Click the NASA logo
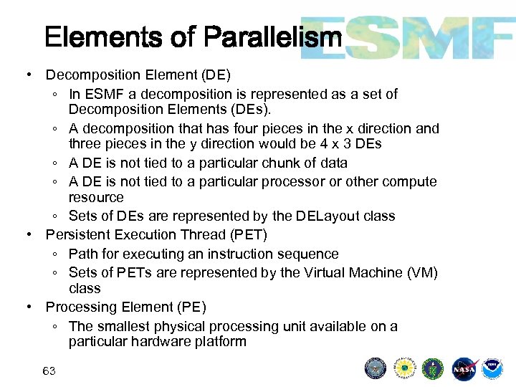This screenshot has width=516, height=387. pyautogui.click(x=464, y=368)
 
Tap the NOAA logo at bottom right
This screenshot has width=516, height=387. pyautogui.click(x=492, y=368)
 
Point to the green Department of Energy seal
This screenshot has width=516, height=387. pyautogui.click(x=433, y=368)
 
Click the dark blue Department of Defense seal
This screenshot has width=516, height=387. pyautogui.click(x=376, y=368)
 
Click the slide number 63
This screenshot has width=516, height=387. pyautogui.click(x=49, y=371)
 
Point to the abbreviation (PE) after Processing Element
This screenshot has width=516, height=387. pyautogui.click(x=191, y=307)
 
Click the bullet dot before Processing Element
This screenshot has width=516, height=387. pyautogui.click(x=27, y=307)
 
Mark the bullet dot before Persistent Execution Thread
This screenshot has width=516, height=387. pyautogui.click(x=27, y=234)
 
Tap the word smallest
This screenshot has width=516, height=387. pyautogui.click(x=120, y=326)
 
